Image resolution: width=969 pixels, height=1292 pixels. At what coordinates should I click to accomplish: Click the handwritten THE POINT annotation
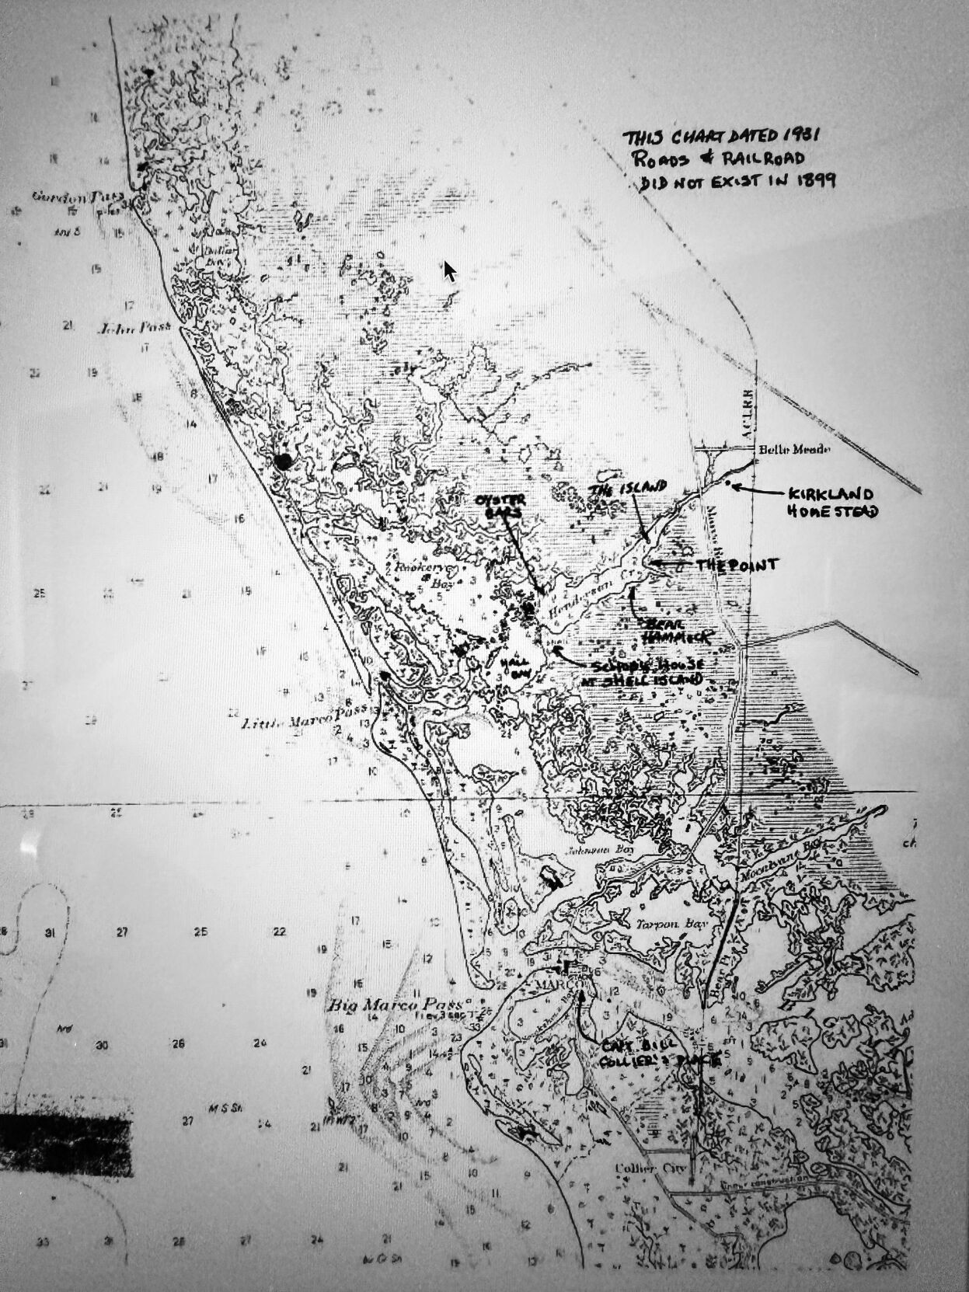(736, 566)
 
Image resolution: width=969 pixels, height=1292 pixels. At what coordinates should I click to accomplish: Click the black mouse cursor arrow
(449, 270)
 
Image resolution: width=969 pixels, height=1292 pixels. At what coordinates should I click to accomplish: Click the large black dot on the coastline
(284, 461)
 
